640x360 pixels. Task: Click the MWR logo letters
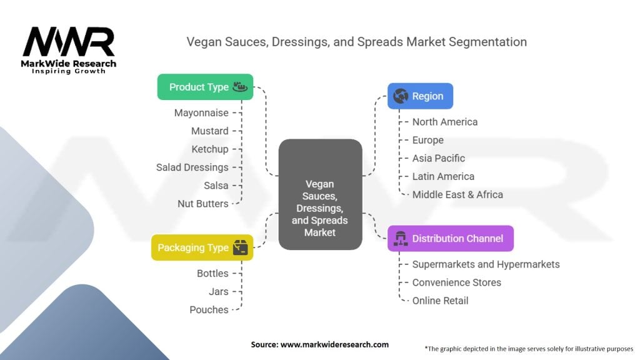click(69, 42)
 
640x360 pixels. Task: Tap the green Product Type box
click(205, 87)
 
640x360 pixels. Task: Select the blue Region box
click(420, 96)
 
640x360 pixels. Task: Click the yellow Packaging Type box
click(202, 247)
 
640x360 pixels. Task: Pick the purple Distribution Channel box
click(450, 238)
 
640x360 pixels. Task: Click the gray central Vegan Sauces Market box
click(320, 194)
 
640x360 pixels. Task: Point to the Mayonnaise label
click(201, 112)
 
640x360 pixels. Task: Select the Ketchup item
click(210, 149)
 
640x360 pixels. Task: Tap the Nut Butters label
click(203, 204)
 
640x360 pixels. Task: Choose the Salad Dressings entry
click(192, 167)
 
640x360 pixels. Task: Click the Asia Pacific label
click(438, 158)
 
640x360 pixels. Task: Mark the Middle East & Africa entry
click(457, 194)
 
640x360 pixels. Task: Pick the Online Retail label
click(440, 301)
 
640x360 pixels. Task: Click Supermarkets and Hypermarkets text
click(486, 264)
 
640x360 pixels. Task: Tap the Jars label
click(218, 291)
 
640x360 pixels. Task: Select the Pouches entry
click(209, 310)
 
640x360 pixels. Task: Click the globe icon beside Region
click(401, 96)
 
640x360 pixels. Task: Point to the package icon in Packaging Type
click(241, 247)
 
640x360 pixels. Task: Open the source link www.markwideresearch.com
click(334, 344)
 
